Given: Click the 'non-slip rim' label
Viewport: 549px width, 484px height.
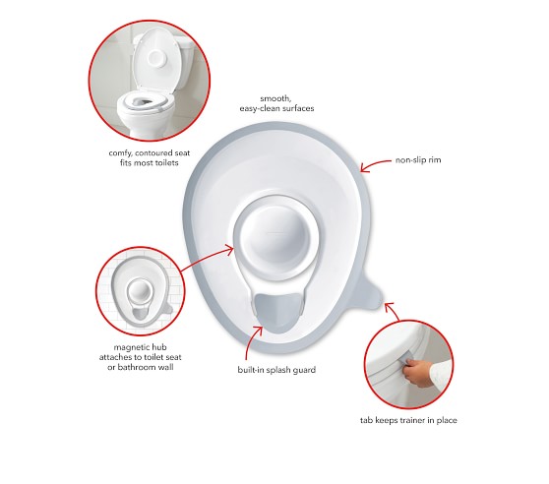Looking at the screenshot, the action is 418,160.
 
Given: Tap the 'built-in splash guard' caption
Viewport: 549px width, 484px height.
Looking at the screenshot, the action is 276,370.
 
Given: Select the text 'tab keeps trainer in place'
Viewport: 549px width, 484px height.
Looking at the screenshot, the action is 408,420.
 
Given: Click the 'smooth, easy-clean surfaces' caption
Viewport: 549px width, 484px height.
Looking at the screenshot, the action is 276,103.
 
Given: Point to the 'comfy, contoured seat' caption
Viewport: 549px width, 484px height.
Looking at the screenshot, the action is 150,153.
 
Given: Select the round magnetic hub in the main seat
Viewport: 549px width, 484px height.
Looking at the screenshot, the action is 278,237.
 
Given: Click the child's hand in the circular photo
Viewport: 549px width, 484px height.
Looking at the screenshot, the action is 418,372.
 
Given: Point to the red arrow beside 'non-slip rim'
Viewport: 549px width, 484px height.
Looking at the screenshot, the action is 375,165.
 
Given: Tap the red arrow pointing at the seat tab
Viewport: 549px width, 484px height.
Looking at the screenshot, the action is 392,312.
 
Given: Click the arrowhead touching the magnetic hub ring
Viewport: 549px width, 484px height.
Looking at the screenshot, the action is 229,250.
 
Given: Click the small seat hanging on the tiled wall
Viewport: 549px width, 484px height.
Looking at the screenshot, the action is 141,290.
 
